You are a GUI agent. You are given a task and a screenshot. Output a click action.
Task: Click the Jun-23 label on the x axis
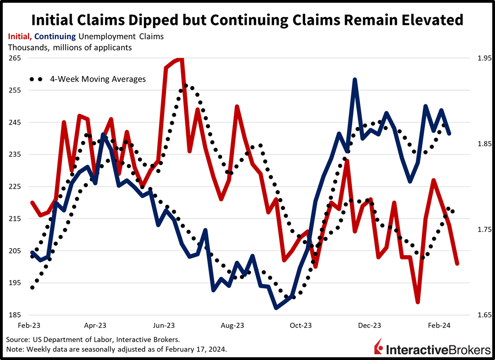pos(164,326)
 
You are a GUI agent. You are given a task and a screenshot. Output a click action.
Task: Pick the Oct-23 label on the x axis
pos(301,326)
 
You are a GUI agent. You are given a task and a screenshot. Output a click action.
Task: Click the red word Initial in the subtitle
pos(19,36)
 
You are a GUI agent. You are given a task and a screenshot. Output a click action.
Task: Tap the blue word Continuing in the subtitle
pos(55,36)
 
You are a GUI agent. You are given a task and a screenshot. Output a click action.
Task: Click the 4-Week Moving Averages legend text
pos(98,79)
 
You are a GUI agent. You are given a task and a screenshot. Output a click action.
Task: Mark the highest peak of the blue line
pos(355,80)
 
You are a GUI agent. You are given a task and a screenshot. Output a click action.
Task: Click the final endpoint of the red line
pos(457,264)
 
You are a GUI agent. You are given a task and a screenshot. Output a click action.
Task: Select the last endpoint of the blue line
pos(449,134)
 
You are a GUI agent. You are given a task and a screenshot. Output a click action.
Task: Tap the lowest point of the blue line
pos(276,308)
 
